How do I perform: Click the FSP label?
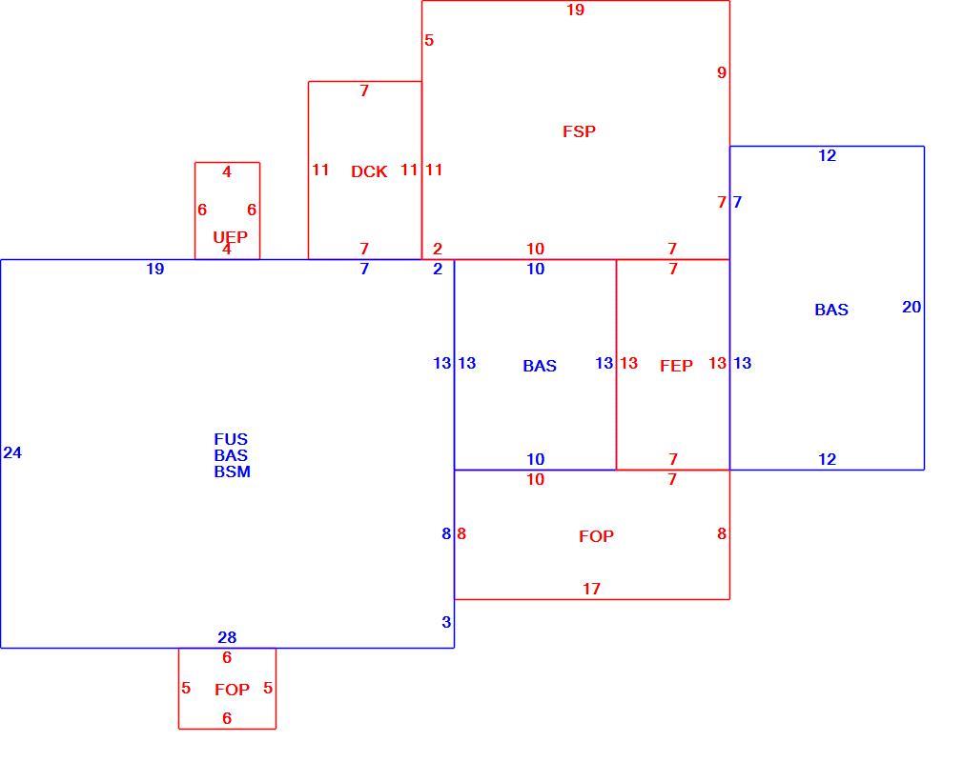coord(579,131)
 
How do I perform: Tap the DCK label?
coord(369,171)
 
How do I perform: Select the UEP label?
coord(231,237)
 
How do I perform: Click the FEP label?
coord(676,366)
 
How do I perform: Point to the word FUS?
coord(231,439)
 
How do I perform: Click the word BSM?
coord(232,471)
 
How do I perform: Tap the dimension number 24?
coord(12,452)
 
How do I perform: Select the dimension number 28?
coord(227,638)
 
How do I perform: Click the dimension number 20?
coord(912,307)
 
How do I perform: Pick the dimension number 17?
coord(591,589)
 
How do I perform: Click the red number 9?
coord(722,72)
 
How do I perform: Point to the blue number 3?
coord(446,622)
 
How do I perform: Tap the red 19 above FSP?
coord(576,10)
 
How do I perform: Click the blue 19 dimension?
coord(155,269)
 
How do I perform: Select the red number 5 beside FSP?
coord(429,40)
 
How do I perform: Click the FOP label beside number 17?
coord(596,536)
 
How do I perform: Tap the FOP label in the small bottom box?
coord(232,690)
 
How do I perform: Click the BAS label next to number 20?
coord(831,310)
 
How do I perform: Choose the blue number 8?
coord(446,533)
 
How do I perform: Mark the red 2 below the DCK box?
coord(438,249)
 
